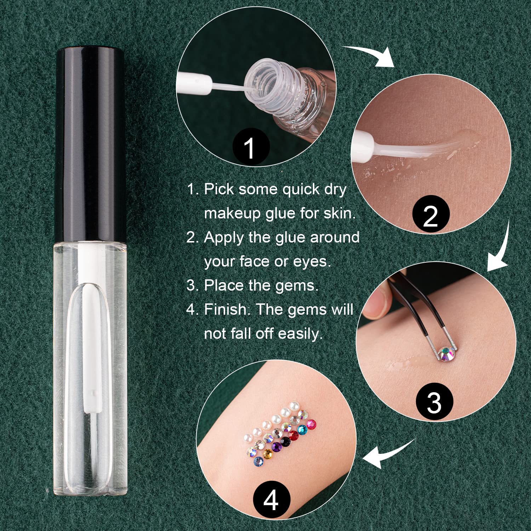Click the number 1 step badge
pyautogui.click(x=250, y=147)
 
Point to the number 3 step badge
pyautogui.click(x=434, y=402)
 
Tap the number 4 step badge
pyautogui.click(x=271, y=499)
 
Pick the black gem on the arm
pyautogui.click(x=285, y=441)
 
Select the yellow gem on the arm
pyautogui.click(x=268, y=453)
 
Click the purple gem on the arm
pyautogui.click(x=277, y=447)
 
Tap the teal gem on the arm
pyautogui.click(x=302, y=430)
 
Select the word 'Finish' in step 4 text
pyautogui.click(x=225, y=309)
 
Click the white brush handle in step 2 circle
pyautogui.click(x=363, y=146)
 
